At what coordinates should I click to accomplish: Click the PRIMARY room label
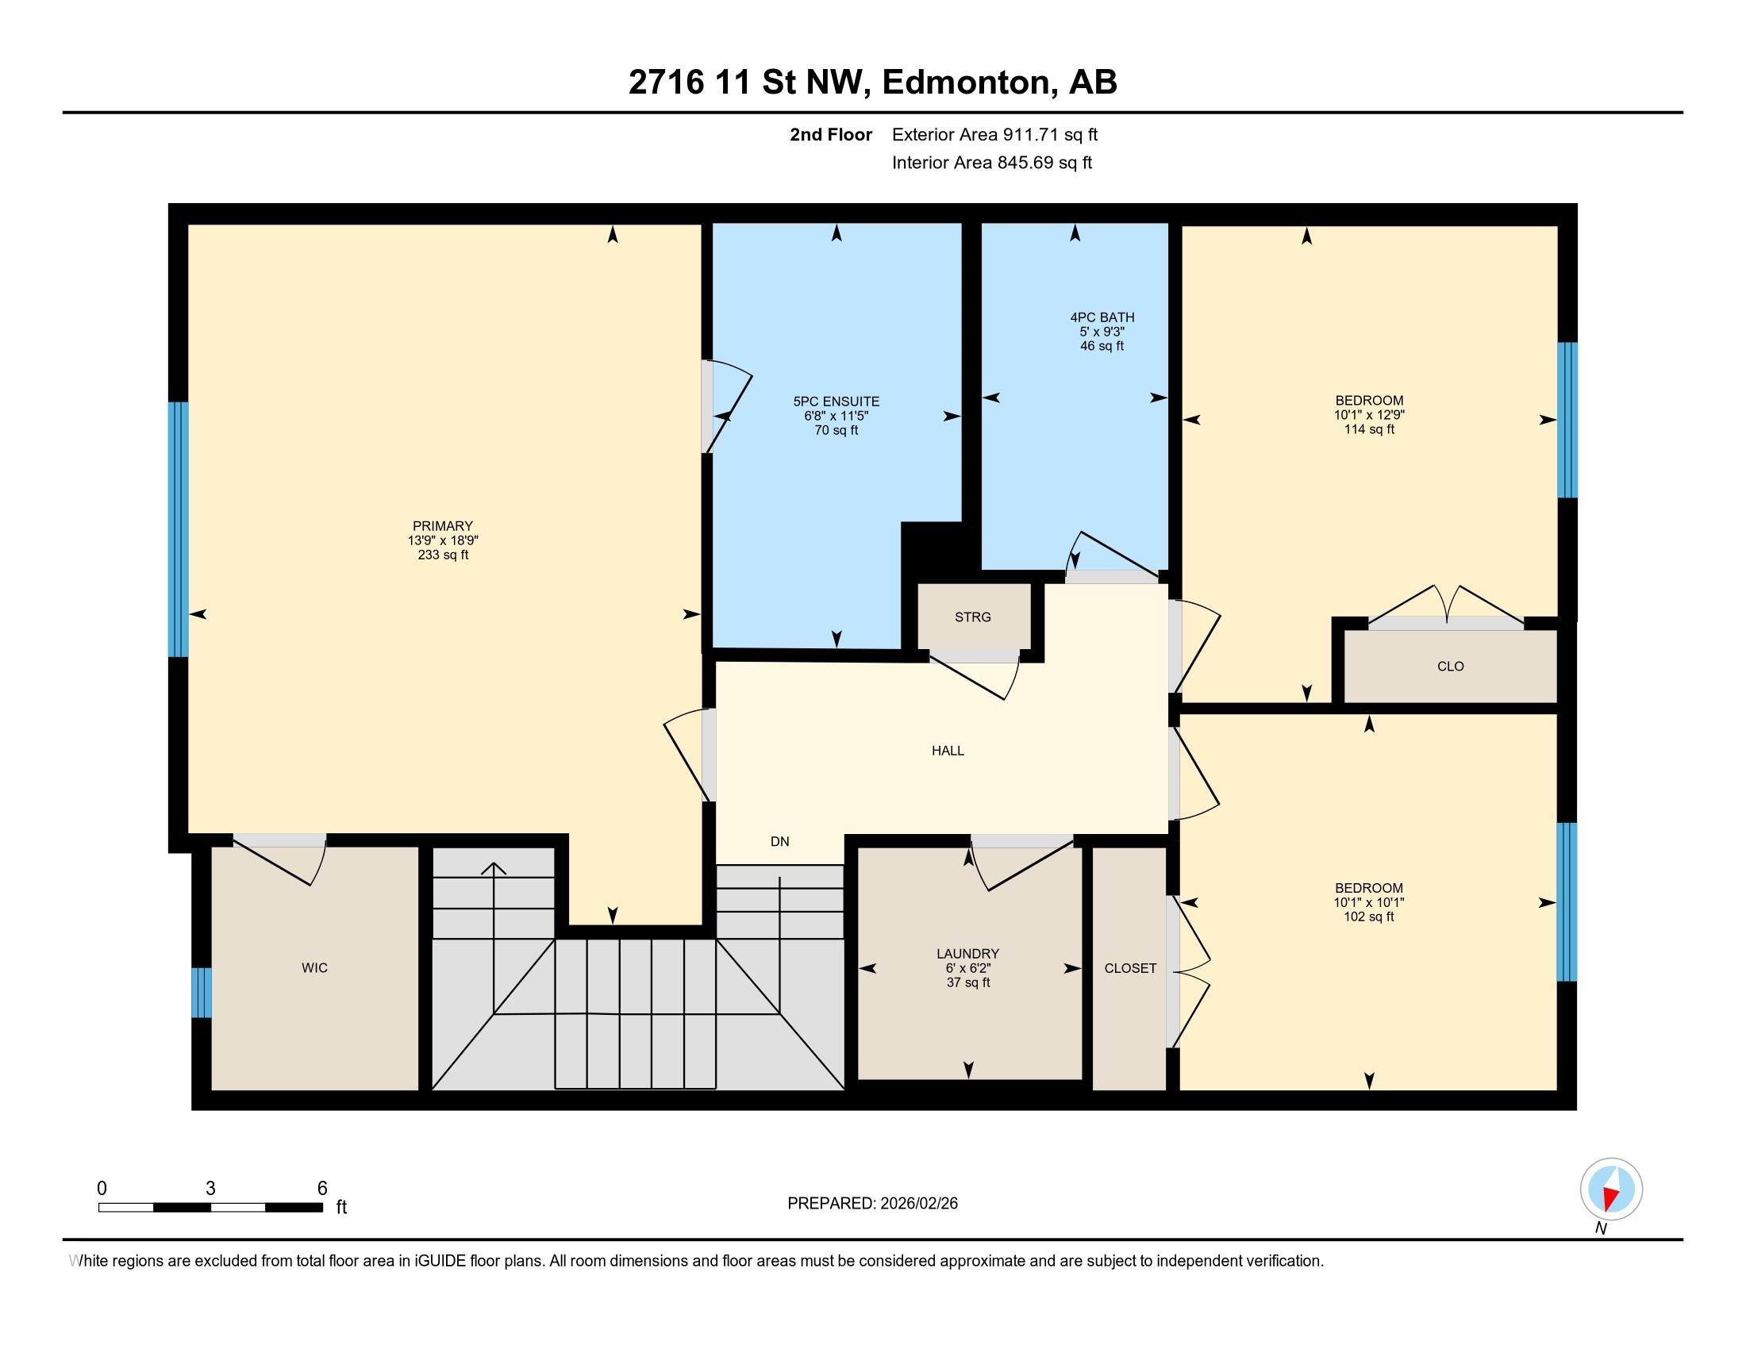pyautogui.click(x=443, y=526)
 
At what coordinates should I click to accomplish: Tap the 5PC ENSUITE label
pyautogui.click(x=836, y=402)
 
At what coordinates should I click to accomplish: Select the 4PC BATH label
pyautogui.click(x=1102, y=317)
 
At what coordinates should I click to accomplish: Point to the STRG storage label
pyautogui.click(x=973, y=617)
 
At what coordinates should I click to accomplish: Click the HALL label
pyautogui.click(x=948, y=751)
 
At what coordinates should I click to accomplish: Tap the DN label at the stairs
pyautogui.click(x=779, y=840)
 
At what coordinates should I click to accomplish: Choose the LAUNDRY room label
pyautogui.click(x=968, y=953)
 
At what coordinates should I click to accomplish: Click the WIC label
pyautogui.click(x=315, y=968)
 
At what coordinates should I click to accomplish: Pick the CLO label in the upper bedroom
pyautogui.click(x=1450, y=667)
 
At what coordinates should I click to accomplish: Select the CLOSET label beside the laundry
pyautogui.click(x=1130, y=968)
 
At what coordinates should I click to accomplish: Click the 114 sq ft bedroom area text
pyautogui.click(x=1370, y=429)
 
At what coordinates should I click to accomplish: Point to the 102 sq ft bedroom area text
pyautogui.click(x=1369, y=917)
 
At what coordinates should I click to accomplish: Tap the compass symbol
pyautogui.click(x=1611, y=1190)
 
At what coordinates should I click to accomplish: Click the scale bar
pyautogui.click(x=210, y=1207)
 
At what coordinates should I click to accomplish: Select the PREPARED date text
pyautogui.click(x=872, y=1204)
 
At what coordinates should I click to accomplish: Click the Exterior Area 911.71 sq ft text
pyautogui.click(x=994, y=134)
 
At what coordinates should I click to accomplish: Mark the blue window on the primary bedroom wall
pyautogui.click(x=179, y=529)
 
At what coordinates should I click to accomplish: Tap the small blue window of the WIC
pyautogui.click(x=202, y=993)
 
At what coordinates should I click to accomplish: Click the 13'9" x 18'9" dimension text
pyautogui.click(x=443, y=540)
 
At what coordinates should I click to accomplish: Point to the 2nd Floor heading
pyautogui.click(x=831, y=134)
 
